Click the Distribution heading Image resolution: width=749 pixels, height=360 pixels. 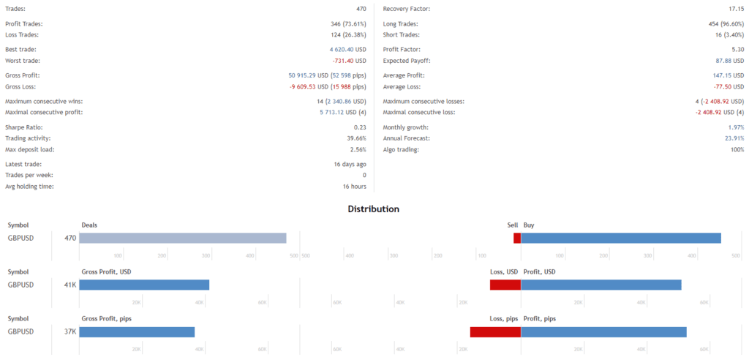point(373,209)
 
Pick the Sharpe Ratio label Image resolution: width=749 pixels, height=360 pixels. point(23,127)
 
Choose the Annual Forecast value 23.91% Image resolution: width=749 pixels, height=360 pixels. point(733,138)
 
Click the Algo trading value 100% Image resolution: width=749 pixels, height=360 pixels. point(736,149)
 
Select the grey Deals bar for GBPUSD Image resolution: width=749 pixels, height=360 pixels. point(182,238)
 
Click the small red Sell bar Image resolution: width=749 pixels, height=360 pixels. point(516,238)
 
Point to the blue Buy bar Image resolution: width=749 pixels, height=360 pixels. point(620,238)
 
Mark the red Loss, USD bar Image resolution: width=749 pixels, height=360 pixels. point(505,285)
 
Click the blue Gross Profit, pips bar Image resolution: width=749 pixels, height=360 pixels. point(137,331)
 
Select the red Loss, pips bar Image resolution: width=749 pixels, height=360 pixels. point(495,331)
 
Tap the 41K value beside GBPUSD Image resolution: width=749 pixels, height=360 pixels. point(69,285)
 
